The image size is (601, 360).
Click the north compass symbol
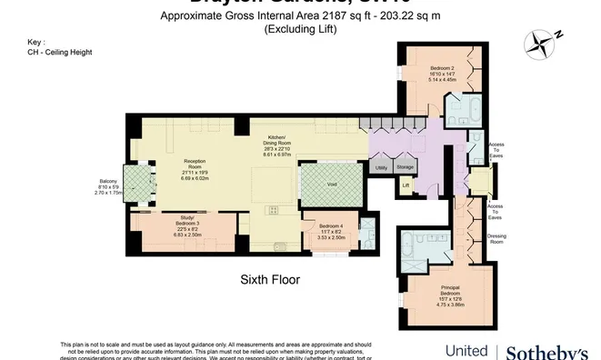tap(542, 42)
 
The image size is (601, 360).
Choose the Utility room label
tap(380, 167)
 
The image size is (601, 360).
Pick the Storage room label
tap(406, 167)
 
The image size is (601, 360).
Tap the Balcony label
tap(108, 181)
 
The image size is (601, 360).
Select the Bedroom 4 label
tap(331, 225)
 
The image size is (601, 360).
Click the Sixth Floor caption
tap(270, 279)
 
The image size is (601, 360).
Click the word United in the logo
tap(466, 351)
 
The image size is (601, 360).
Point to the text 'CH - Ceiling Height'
tap(60, 52)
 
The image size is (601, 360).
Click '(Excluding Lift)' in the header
tap(300, 29)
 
